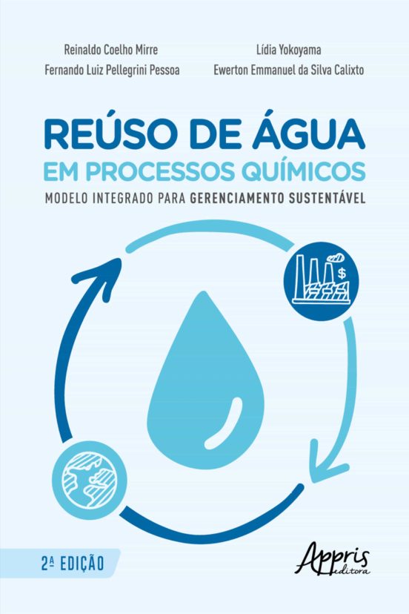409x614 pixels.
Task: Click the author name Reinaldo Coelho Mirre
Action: (x=110, y=50)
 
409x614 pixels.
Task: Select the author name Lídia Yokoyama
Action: (x=289, y=50)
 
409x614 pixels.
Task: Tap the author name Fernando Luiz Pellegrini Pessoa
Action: (x=113, y=70)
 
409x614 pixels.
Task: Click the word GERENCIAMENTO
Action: (x=237, y=198)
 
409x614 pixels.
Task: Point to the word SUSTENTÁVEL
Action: (x=327, y=197)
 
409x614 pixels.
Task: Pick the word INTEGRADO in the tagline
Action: (x=122, y=198)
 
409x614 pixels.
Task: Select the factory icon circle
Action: (x=321, y=281)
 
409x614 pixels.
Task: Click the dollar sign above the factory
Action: (x=342, y=273)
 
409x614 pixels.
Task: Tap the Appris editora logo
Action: (x=333, y=560)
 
